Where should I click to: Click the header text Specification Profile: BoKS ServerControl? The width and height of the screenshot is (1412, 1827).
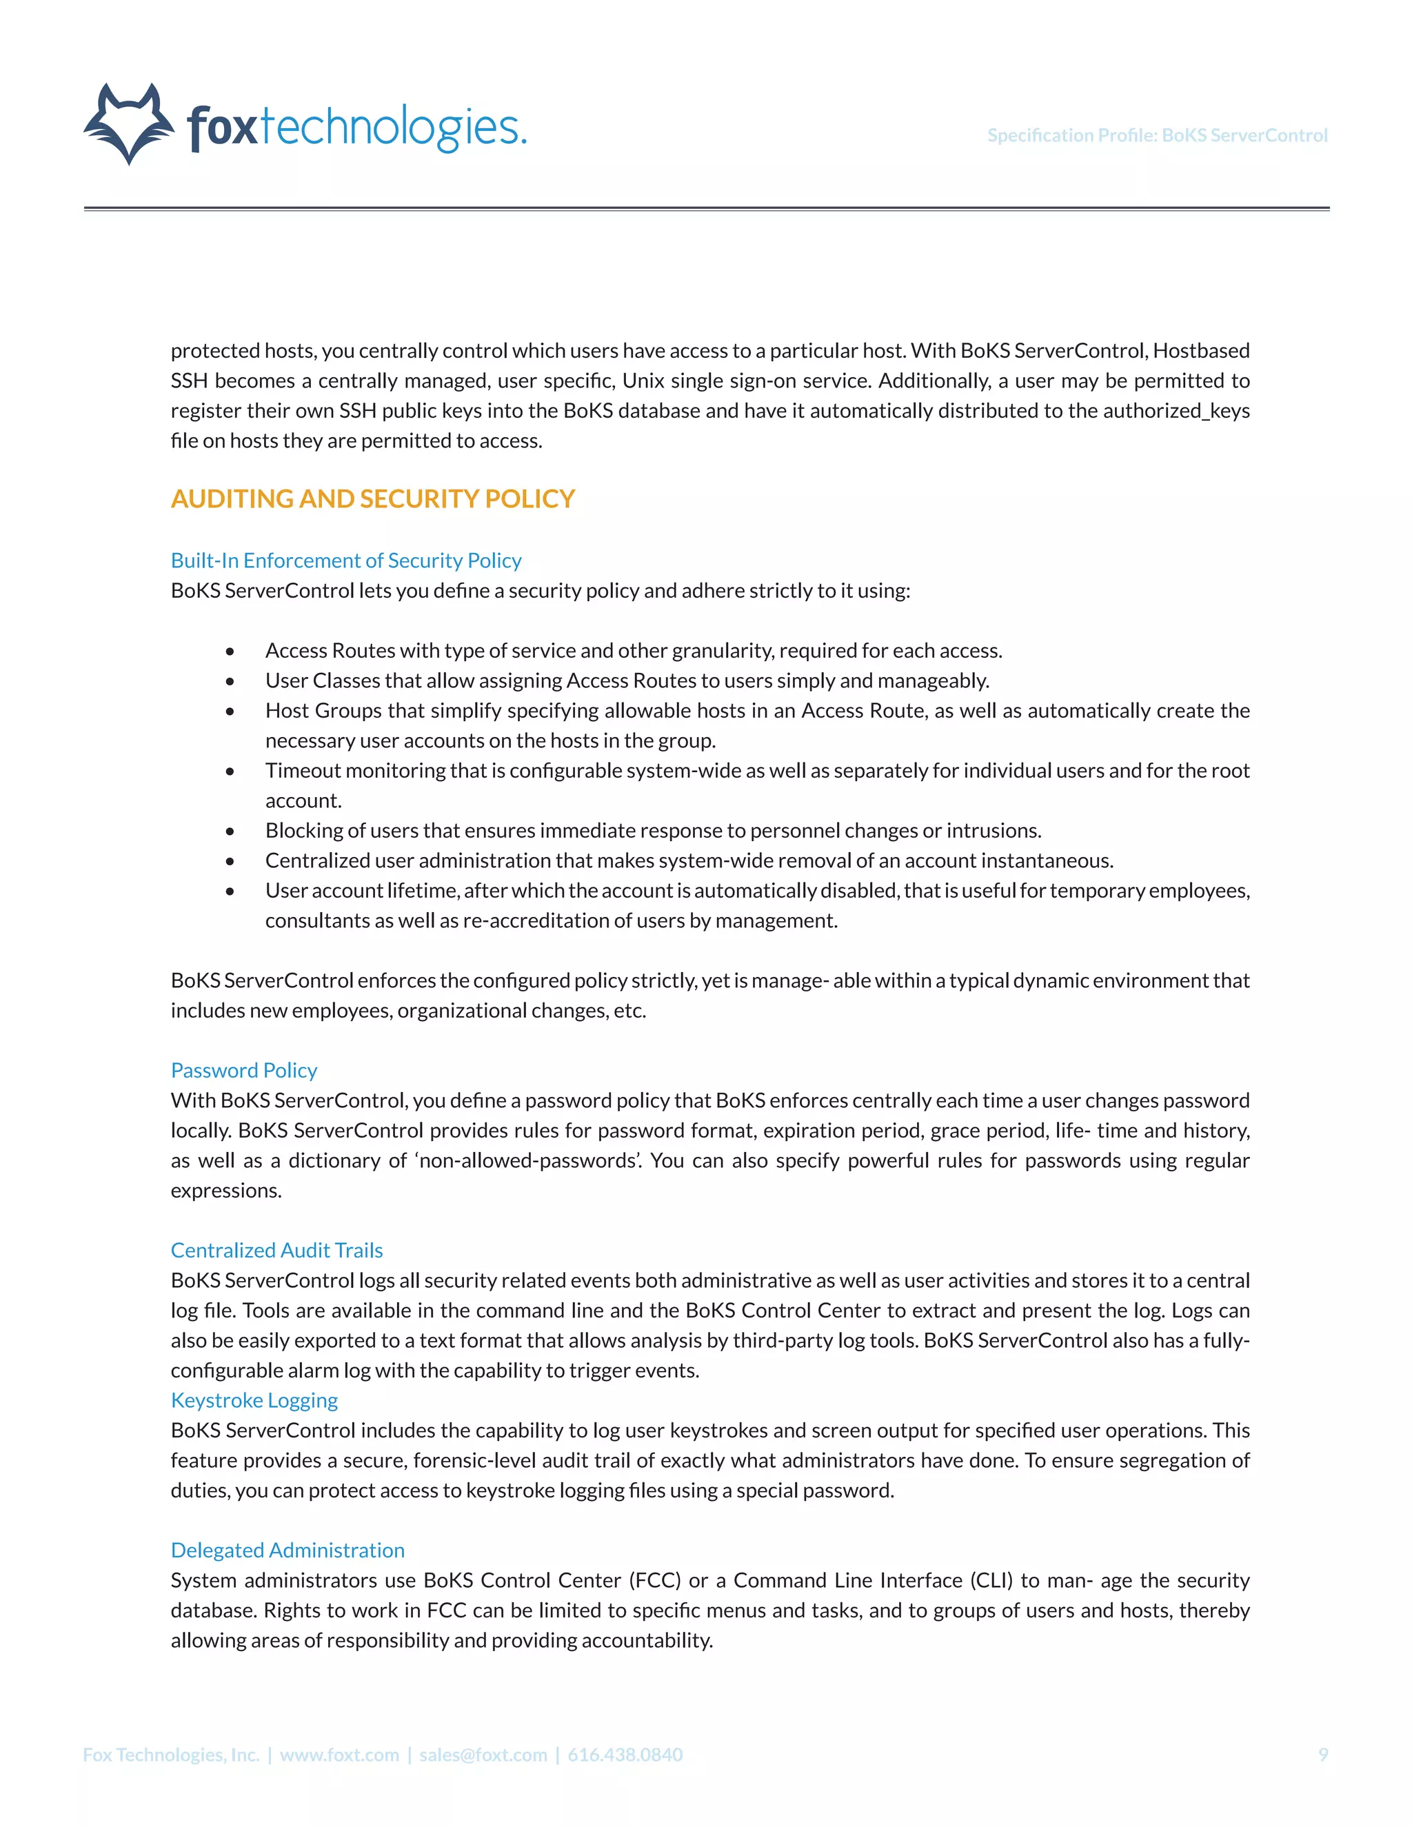pos(1157,136)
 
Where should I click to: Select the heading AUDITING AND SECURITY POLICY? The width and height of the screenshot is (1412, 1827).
pos(372,498)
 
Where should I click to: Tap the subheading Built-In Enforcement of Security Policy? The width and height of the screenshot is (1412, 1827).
pos(345,561)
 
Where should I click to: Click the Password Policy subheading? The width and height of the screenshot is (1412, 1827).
pos(243,1070)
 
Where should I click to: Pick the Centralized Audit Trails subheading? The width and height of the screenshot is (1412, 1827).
pos(276,1250)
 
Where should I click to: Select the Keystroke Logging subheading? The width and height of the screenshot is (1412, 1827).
pos(254,1400)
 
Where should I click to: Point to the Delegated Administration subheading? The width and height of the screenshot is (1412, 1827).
pos(287,1550)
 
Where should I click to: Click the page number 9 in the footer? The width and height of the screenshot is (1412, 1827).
pos(1322,1754)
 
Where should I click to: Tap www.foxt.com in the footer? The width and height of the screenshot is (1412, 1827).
pos(339,1754)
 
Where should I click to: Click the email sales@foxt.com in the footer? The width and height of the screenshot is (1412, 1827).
pos(483,1754)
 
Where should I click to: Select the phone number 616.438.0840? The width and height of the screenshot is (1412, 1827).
pos(625,1754)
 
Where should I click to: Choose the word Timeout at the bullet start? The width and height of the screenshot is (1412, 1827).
pos(303,771)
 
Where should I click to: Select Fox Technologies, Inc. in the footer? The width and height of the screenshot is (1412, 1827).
pos(171,1754)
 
